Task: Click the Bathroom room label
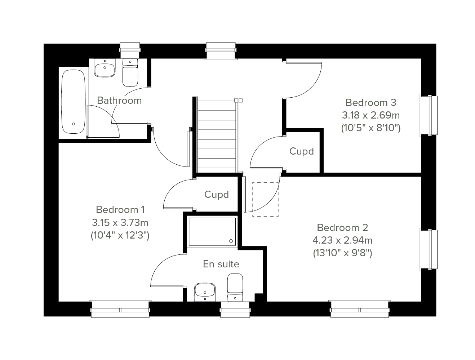[x=119, y=101]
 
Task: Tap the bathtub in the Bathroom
[x=73, y=102]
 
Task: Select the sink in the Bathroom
[x=105, y=67]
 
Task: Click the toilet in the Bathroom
[x=130, y=73]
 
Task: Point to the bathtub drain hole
[x=74, y=124]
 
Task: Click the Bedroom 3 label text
[x=371, y=103]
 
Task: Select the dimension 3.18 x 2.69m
[x=371, y=115]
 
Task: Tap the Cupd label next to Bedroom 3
[x=301, y=151]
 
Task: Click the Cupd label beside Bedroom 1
[x=216, y=195]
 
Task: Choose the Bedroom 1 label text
[x=120, y=209]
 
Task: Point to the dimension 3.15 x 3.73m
[x=120, y=222]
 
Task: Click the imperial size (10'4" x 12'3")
[x=120, y=235]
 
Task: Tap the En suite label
[x=221, y=264]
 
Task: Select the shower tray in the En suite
[x=212, y=232]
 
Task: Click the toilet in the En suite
[x=235, y=288]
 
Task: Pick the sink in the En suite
[x=205, y=292]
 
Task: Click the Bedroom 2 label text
[x=342, y=227]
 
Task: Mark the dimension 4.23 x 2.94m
[x=342, y=240]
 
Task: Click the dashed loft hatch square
[x=265, y=200]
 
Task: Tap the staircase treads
[x=217, y=137]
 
